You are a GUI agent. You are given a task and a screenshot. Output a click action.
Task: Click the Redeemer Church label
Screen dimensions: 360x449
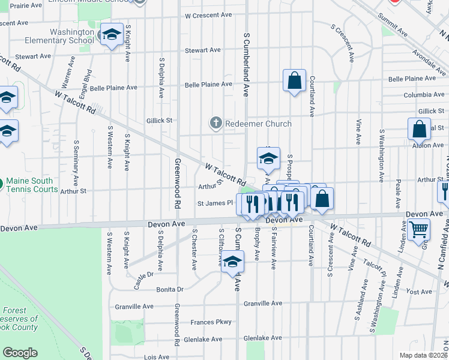pos(258,124)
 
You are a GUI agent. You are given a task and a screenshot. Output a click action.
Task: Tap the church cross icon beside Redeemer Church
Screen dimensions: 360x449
pos(216,124)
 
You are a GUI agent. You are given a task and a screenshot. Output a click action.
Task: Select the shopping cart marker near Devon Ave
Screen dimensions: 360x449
pos(418,229)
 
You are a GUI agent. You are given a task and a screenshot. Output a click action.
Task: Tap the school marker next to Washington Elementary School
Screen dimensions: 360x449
pos(112,35)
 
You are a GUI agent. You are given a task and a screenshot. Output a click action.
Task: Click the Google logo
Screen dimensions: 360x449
pos(20,353)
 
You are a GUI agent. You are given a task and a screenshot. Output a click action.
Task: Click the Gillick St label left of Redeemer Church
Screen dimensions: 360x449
pos(159,120)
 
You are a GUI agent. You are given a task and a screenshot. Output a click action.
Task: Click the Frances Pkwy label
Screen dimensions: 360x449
pos(211,322)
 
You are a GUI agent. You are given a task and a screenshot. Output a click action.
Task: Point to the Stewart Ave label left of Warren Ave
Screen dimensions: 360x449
pos(33,56)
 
